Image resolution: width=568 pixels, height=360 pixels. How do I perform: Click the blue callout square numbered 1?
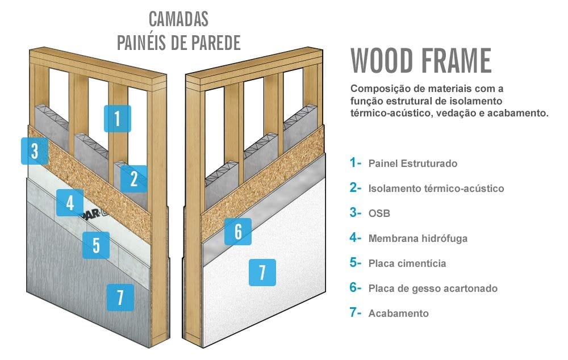[x=117, y=119]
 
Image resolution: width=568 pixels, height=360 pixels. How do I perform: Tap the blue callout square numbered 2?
[x=133, y=179]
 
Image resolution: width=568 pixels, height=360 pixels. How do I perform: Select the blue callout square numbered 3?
[x=35, y=151]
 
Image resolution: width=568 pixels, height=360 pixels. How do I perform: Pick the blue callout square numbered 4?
[x=70, y=203]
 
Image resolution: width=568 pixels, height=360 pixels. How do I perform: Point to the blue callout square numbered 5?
[x=96, y=245]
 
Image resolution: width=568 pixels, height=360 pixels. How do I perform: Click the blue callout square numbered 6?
[x=238, y=231]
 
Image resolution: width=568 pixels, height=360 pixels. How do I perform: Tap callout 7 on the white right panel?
[x=262, y=273]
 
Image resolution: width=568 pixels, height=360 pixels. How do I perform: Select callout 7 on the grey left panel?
[x=120, y=298]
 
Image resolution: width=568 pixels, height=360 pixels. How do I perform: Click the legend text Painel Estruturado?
[x=412, y=164]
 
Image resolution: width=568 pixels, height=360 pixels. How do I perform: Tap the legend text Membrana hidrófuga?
[x=417, y=238]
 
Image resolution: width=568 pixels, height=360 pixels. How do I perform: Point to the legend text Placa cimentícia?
[x=407, y=263]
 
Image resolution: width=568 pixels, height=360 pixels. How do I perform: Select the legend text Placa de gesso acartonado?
[x=432, y=288]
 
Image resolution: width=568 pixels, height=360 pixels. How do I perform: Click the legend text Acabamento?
[x=398, y=313]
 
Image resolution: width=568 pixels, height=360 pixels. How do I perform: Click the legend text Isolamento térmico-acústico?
[x=436, y=189]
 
